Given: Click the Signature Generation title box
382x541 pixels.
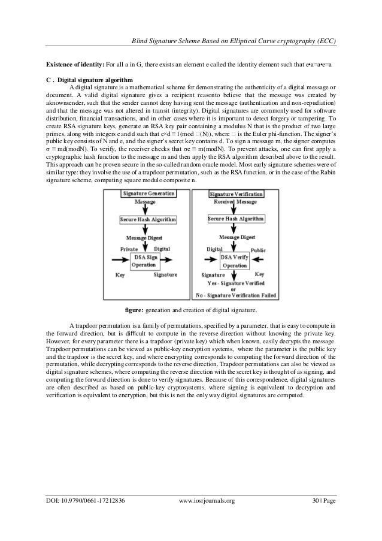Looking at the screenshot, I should click(148, 194).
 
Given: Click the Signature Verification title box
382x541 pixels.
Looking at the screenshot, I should click(235, 194).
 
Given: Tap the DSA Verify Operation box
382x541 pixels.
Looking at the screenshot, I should click(235, 261).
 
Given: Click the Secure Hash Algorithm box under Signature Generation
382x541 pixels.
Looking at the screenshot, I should click(148, 220).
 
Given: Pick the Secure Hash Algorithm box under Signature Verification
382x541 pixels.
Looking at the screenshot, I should click(235, 220).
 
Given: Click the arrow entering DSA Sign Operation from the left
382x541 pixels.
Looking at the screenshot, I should click(119, 261).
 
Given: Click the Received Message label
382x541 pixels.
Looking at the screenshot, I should click(235, 203).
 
